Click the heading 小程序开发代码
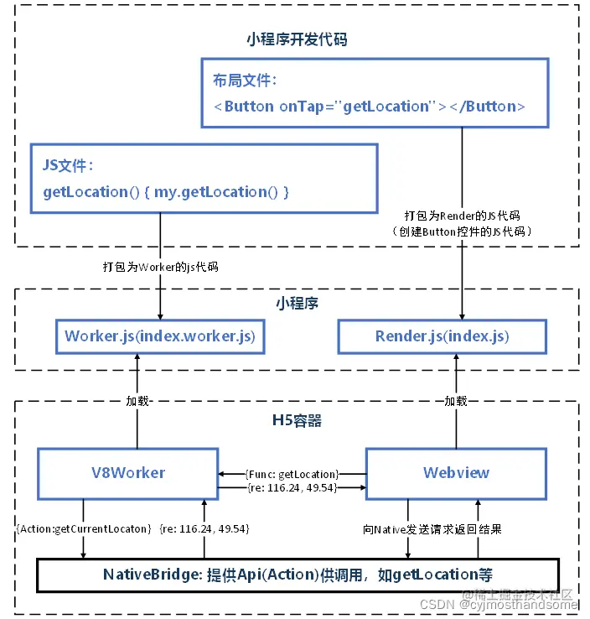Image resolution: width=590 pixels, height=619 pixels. (297, 39)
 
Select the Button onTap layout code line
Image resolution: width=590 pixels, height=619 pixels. (370, 107)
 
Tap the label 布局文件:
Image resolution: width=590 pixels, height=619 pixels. (245, 81)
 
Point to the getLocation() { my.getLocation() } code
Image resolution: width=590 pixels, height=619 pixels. (166, 192)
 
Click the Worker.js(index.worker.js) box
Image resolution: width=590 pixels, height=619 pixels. (160, 336)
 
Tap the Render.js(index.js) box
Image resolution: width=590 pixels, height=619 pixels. (442, 336)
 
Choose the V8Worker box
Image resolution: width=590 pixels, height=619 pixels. (128, 472)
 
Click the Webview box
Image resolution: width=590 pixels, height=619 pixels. (456, 472)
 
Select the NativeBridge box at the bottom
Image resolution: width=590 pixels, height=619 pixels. (297, 575)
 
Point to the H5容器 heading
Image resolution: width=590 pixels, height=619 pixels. (297, 420)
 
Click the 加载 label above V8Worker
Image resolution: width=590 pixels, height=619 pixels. (137, 401)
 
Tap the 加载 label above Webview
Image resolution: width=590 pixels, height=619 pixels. (456, 401)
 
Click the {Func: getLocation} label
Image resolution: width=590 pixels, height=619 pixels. (292, 474)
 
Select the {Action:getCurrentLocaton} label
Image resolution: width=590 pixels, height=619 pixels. (81, 530)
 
